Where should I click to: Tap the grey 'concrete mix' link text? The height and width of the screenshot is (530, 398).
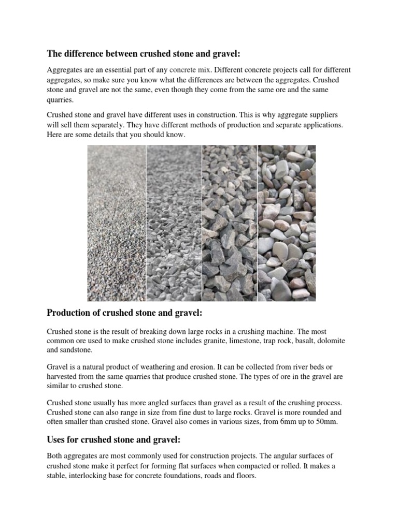[x=190, y=69]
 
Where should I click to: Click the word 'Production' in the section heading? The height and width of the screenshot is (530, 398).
[x=70, y=313]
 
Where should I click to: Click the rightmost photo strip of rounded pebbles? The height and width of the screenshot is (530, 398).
[x=287, y=223]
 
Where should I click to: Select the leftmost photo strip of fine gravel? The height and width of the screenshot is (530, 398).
[x=116, y=223]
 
